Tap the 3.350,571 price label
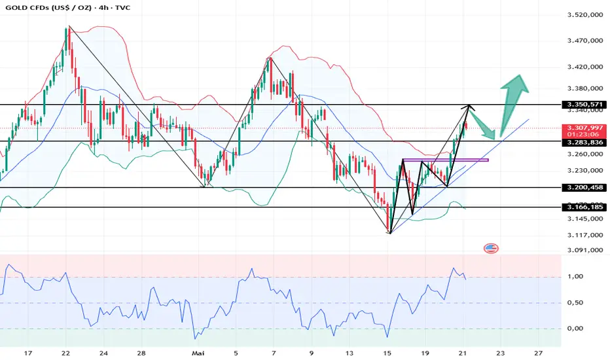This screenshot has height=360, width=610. (x=584, y=105)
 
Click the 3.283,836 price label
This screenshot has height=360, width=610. (x=584, y=142)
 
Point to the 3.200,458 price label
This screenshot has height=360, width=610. (x=584, y=188)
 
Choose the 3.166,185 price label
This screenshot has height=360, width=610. (x=584, y=207)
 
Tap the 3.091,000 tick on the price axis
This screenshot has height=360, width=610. (x=584, y=250)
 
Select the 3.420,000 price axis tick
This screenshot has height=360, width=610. (x=584, y=67)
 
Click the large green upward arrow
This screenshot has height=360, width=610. (x=514, y=98)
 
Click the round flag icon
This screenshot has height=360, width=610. (x=491, y=248)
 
